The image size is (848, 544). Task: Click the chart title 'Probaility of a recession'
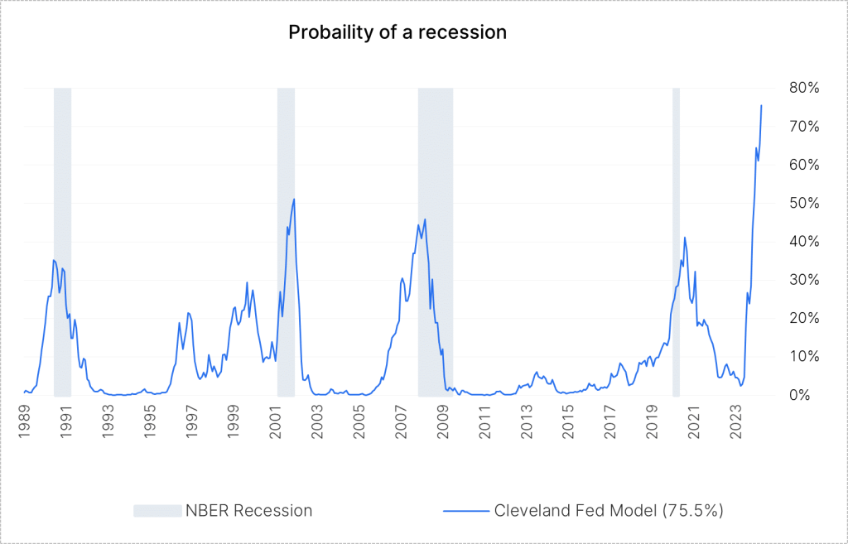coord(397,32)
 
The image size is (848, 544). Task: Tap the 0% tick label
coord(797,395)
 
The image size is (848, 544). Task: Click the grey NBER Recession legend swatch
coord(157,511)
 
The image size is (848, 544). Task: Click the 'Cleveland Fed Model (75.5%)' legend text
coord(609,511)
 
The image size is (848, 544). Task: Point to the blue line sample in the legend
coord(465,511)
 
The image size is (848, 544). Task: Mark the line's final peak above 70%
coord(761,106)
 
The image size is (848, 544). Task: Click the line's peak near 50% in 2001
coord(294,200)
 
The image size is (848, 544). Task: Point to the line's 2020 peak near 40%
coord(685,238)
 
